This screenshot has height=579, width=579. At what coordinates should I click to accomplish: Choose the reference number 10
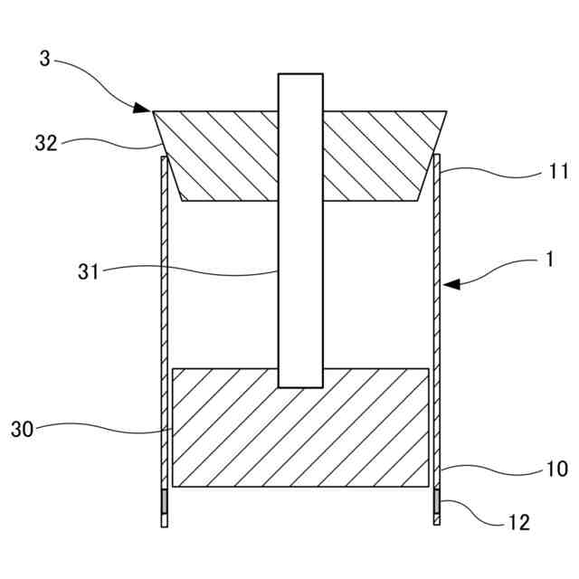pos(556,469)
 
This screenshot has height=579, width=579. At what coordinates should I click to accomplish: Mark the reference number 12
pos(519,522)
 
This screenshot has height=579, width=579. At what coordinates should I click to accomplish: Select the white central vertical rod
pos(300,271)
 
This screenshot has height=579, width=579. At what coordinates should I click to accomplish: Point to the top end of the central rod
pos(300,76)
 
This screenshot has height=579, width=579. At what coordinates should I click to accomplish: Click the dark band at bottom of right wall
pos(437,500)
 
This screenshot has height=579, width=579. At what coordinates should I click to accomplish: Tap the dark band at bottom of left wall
pos(164,500)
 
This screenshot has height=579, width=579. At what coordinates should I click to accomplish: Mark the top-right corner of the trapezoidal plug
pos(445,111)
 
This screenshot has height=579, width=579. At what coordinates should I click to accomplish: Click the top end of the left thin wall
pos(163,157)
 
